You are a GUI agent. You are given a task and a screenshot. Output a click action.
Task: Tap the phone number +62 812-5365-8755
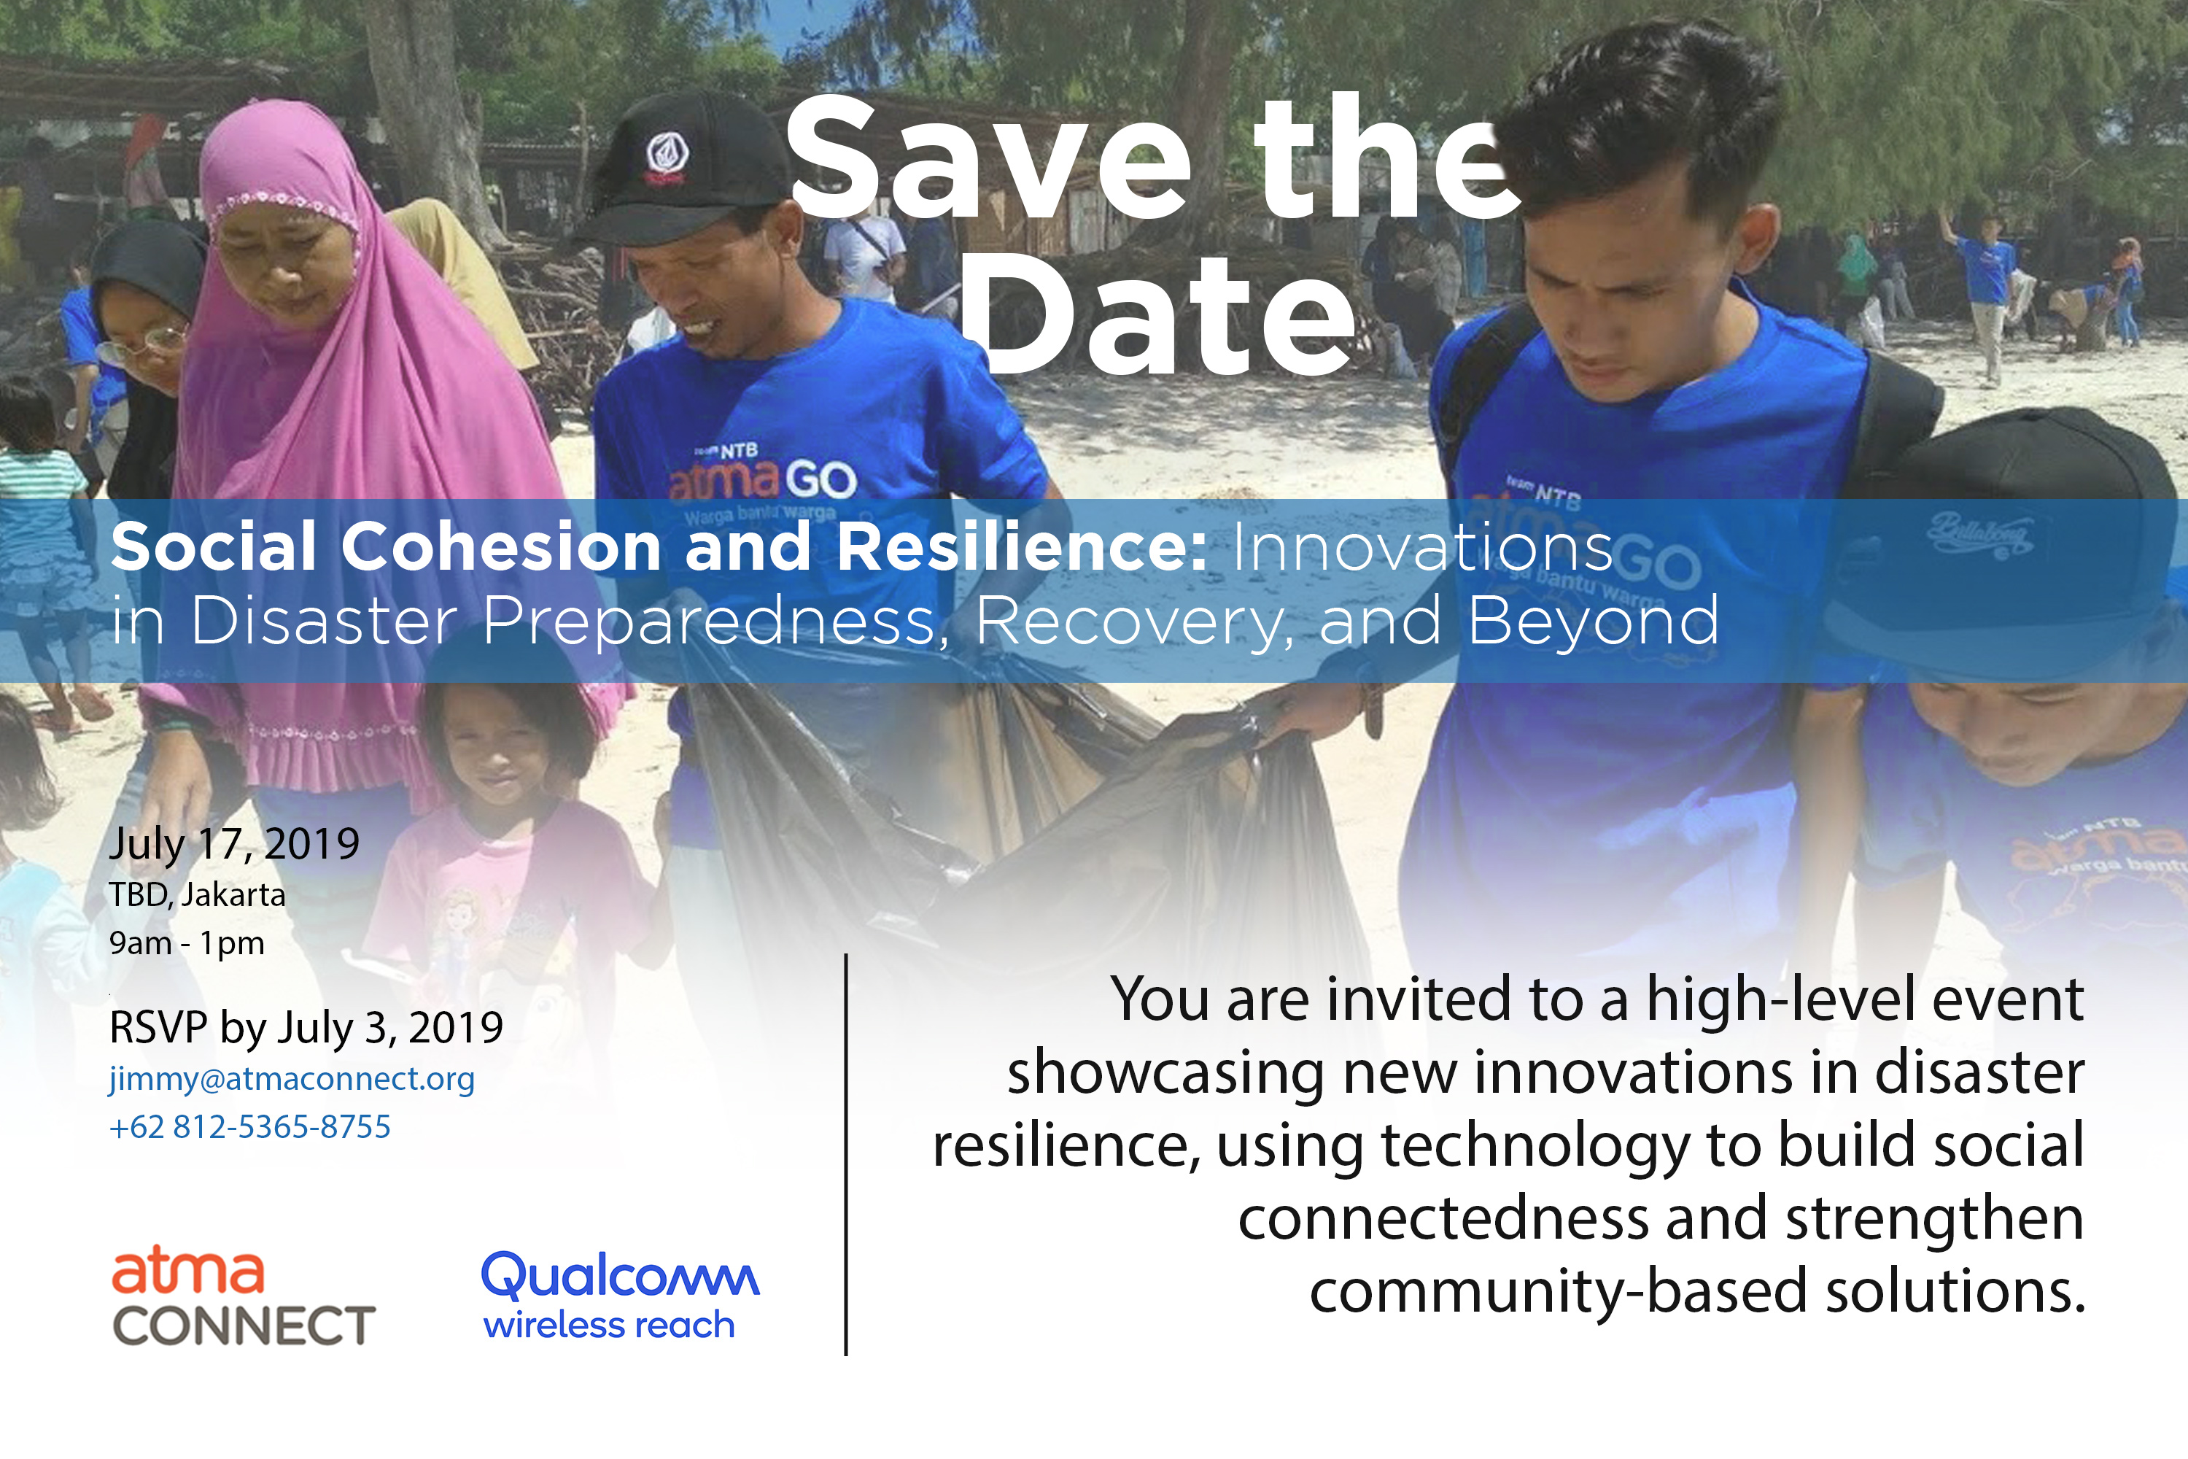click(250, 1127)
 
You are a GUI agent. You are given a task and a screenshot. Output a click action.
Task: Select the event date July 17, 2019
click(234, 845)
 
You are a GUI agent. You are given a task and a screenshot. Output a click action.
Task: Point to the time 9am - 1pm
click(187, 943)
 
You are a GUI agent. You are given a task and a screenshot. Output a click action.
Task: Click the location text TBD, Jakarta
click(197, 895)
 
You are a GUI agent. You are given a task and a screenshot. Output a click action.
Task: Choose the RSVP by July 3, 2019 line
click(306, 1028)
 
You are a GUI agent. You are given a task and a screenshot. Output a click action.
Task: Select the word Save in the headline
click(989, 159)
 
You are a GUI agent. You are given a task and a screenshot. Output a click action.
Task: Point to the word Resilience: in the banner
click(1023, 546)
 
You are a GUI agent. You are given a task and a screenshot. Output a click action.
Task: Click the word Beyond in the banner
click(1594, 622)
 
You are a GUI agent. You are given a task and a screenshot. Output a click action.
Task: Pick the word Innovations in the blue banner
click(1424, 547)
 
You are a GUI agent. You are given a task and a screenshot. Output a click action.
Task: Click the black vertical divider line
click(845, 1155)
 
